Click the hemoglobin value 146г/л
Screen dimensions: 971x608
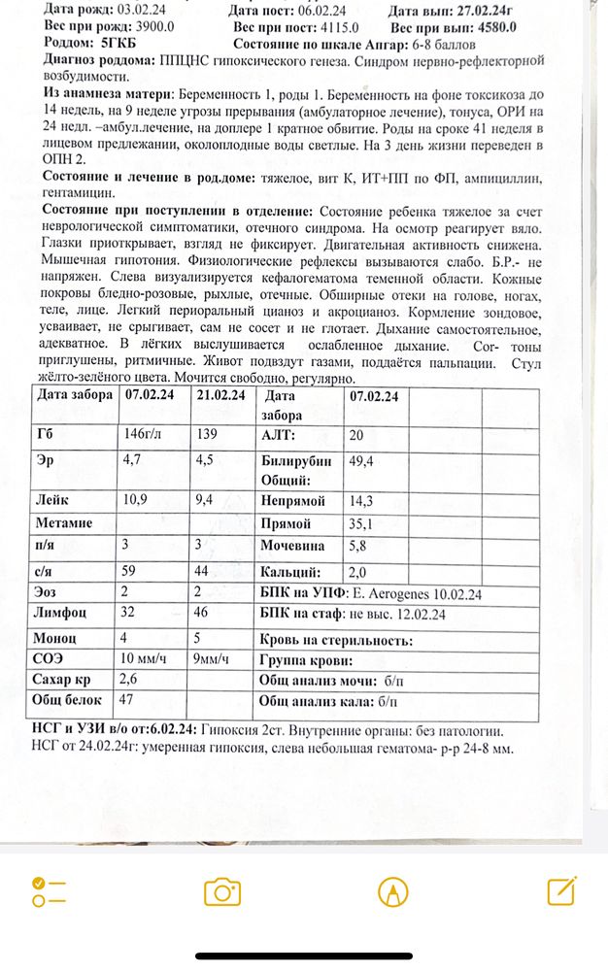click(145, 434)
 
